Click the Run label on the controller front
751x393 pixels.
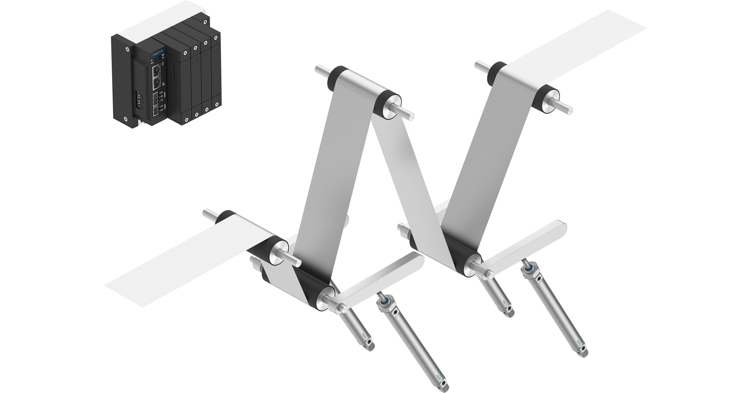(x=152, y=63)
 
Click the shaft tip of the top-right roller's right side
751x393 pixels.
(x=569, y=110)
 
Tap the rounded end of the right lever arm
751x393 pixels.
(x=561, y=226)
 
